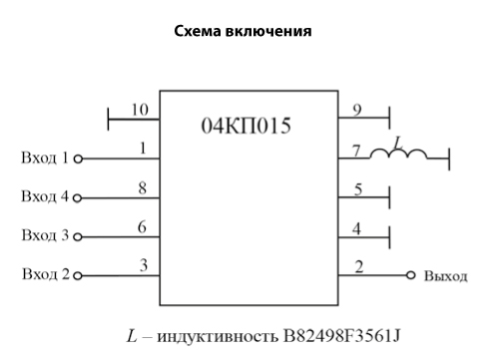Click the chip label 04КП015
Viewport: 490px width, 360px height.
coord(246,126)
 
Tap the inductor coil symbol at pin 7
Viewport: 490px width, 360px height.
coord(398,154)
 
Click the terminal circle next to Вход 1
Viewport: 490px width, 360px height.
coord(78,160)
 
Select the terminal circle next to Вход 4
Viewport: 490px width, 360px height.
coord(77,198)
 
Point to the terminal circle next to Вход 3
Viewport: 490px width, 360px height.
coord(78,237)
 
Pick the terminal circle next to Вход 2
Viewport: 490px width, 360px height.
coord(78,276)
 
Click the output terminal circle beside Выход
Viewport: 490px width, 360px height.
coord(411,275)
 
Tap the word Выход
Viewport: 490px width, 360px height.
coord(446,276)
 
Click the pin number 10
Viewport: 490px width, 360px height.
coord(140,110)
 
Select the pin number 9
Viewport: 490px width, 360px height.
coord(357,110)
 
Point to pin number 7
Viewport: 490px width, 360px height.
coord(356,151)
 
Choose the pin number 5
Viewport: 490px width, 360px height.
coord(358,189)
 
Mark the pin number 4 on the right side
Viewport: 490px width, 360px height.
coord(356,228)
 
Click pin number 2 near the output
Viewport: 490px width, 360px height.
coord(359,267)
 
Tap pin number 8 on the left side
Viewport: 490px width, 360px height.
coord(143,188)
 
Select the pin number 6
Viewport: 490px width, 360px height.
coord(142,227)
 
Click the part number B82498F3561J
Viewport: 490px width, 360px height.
coord(341,336)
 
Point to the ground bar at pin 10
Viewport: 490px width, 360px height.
coord(108,119)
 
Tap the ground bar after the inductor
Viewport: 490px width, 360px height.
coord(449,160)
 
